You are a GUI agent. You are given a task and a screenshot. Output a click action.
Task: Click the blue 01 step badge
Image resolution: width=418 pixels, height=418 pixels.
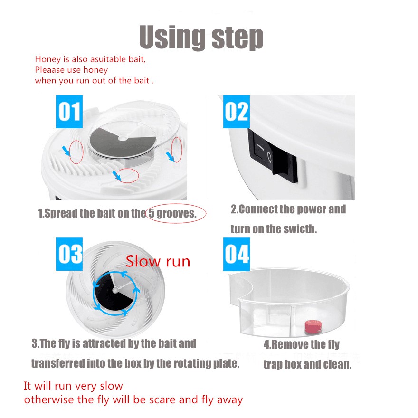69,112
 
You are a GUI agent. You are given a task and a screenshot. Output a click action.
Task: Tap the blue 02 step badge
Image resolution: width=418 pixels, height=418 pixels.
237,112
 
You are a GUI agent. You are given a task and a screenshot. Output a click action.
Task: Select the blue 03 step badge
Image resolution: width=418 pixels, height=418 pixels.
69,254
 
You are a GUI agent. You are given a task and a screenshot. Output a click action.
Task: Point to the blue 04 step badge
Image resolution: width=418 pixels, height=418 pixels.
237,254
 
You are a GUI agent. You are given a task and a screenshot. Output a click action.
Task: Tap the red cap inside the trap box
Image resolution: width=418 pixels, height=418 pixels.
313,326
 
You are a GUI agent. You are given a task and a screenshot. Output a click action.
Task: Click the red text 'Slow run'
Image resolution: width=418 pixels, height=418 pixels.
158,261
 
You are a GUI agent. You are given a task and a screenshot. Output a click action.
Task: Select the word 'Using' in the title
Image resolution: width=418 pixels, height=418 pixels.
172,37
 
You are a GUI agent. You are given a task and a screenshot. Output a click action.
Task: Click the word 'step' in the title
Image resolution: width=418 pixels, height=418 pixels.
237,38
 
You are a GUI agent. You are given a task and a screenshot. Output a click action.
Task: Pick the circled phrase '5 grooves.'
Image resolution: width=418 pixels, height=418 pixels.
173,213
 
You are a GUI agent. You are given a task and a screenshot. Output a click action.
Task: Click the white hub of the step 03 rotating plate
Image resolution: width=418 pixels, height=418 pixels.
115,290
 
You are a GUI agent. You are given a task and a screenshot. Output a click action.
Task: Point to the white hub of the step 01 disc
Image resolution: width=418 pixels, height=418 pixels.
123,138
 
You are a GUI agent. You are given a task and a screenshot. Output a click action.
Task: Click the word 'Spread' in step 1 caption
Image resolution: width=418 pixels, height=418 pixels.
61,214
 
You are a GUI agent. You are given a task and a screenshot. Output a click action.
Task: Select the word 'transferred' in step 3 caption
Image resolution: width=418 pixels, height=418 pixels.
58,363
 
